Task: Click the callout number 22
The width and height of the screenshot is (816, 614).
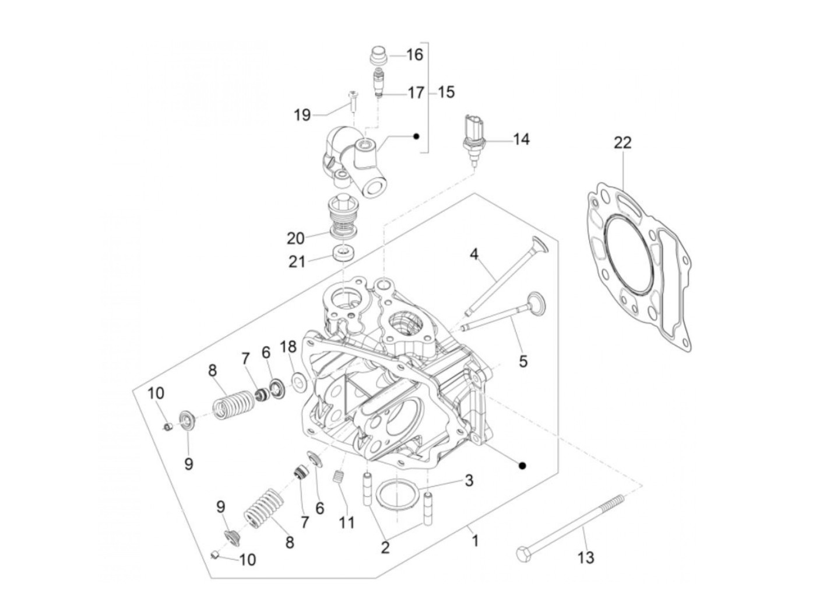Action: coord(622,143)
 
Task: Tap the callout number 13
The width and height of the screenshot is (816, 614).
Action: coord(585,557)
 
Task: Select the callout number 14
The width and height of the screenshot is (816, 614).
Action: coord(520,140)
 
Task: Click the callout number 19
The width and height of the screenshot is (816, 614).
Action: coord(302,115)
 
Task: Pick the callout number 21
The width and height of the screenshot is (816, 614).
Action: coord(297,261)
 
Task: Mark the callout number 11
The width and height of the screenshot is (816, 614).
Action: coord(346,522)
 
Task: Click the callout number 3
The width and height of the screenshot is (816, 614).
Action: coord(468,481)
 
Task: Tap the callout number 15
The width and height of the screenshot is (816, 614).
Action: coord(446,92)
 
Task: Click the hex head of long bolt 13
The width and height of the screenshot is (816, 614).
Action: coord(523,553)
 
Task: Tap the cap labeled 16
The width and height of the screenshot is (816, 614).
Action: coord(379,57)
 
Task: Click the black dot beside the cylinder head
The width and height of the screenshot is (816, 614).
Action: coord(522,465)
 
